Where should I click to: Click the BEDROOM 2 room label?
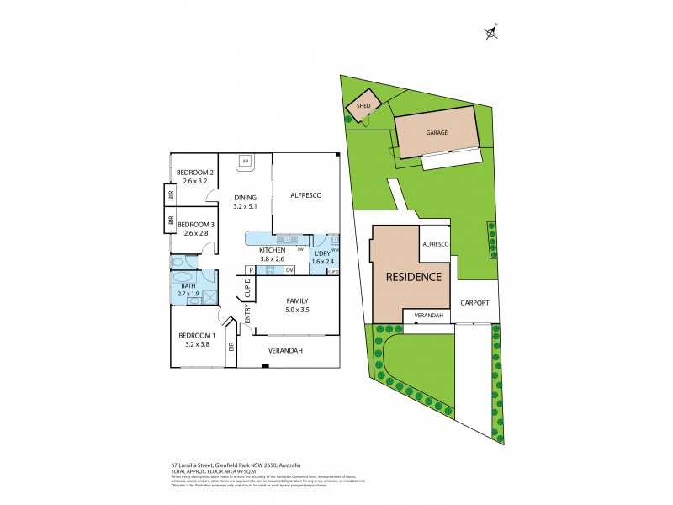click(x=195, y=173)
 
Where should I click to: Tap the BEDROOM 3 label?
click(x=195, y=224)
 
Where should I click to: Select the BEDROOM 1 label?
click(x=197, y=336)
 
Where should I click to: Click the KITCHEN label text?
click(x=272, y=250)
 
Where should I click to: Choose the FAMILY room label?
click(x=297, y=300)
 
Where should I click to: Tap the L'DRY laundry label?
click(x=321, y=252)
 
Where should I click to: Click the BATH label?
click(x=188, y=286)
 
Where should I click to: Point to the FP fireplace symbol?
click(x=246, y=160)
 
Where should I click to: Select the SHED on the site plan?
click(x=363, y=106)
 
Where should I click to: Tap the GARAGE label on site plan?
click(x=436, y=133)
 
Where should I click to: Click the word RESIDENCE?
click(x=414, y=276)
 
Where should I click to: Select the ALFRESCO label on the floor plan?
click(x=306, y=195)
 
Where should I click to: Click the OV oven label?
click(x=289, y=270)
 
